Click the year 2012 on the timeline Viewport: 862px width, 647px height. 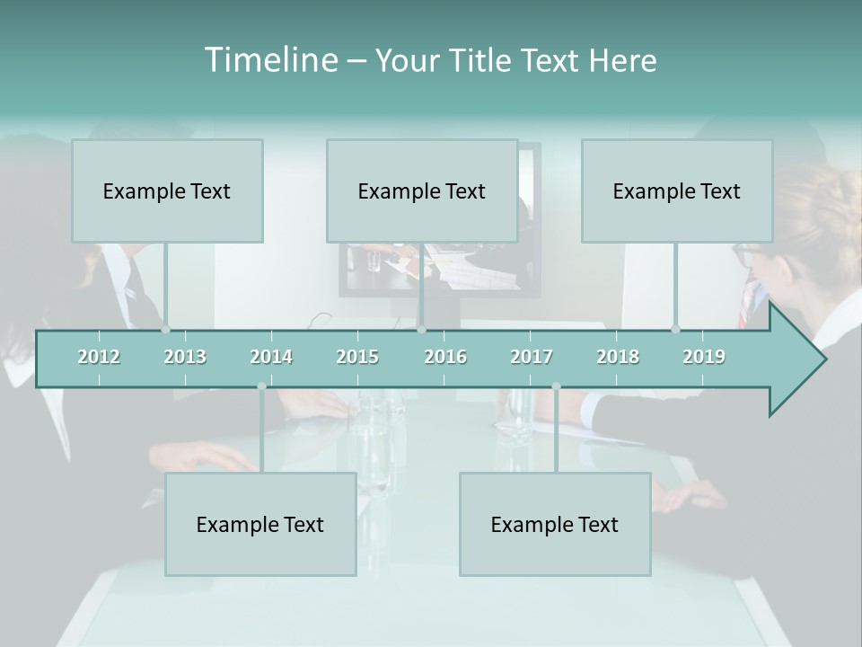pos(99,357)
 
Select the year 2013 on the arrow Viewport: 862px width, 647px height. pos(185,357)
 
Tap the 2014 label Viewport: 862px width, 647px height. pos(271,357)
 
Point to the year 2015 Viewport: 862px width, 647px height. pos(357,357)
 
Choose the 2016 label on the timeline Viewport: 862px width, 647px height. pos(445,357)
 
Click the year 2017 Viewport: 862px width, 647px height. pos(532,357)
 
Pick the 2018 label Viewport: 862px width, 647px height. pos(618,357)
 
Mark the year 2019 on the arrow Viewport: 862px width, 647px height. pos(704,357)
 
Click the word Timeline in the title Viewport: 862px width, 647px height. pos(269,60)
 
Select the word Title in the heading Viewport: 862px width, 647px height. pos(482,61)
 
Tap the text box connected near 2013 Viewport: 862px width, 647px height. pos(167,191)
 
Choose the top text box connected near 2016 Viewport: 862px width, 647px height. pos(422,191)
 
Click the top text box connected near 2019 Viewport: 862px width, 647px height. pos(677,191)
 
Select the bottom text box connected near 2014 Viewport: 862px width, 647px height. pos(260,524)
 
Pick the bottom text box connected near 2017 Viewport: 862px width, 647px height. pos(555,524)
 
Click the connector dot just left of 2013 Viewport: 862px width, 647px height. pos(165,329)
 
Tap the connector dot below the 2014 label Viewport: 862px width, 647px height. pos(261,386)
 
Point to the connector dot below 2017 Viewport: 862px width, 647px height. pos(556,386)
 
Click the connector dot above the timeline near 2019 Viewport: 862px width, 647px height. pos(675,329)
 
